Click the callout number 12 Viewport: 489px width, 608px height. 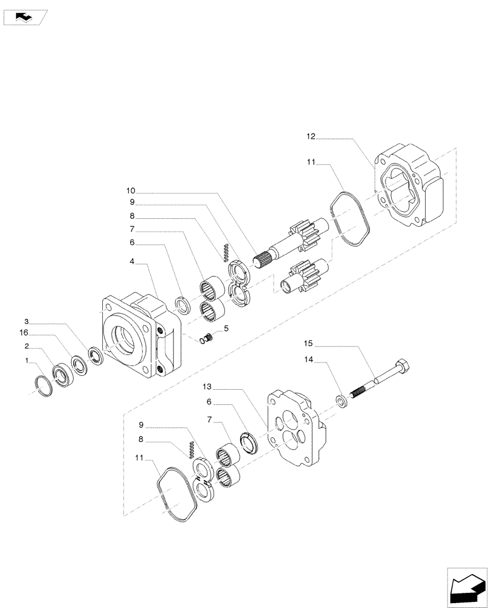[x=311, y=137]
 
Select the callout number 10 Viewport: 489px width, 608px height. [x=131, y=190]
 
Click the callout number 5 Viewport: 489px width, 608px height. [x=226, y=329]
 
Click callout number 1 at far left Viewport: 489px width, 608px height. [x=26, y=361]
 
